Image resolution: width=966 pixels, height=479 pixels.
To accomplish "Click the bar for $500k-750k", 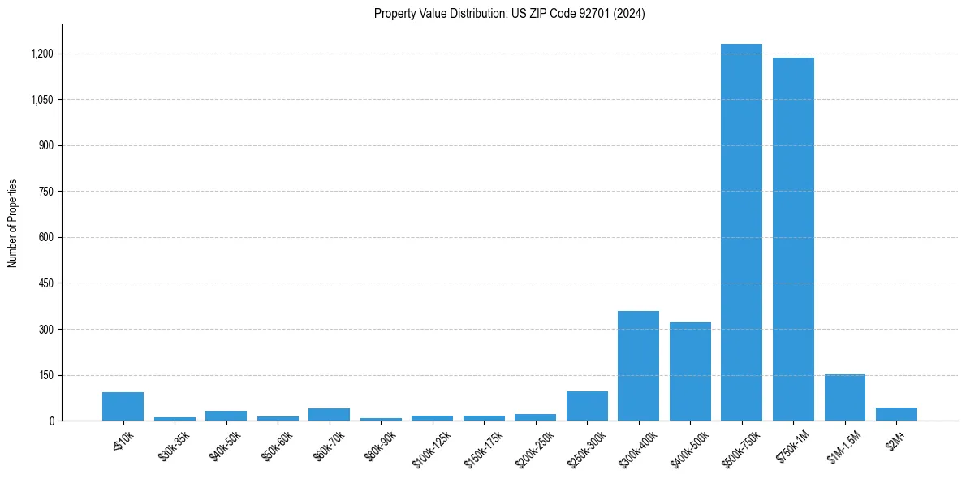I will click(x=741, y=232).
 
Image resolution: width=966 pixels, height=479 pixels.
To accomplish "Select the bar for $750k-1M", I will click(x=793, y=239).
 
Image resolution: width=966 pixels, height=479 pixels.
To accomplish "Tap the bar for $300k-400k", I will click(x=638, y=366).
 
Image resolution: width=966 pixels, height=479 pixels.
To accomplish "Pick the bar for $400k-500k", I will click(x=690, y=372).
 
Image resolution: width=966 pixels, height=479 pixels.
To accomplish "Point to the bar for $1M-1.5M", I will click(x=844, y=398).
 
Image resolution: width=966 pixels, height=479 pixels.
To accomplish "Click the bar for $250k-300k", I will click(x=587, y=406).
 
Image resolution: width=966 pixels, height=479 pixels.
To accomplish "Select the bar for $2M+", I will click(x=896, y=414).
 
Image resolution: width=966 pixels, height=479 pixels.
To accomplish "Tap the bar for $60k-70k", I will click(x=329, y=415).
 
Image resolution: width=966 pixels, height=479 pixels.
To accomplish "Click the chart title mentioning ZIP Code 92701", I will click(x=510, y=14).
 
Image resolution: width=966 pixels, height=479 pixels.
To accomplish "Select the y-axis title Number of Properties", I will click(x=13, y=223).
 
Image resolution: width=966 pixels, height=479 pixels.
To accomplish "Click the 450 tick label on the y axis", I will click(x=45, y=283).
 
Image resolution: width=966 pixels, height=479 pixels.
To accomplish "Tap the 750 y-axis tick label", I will click(x=45, y=192).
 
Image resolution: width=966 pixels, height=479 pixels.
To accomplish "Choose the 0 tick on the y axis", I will click(x=51, y=421).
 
